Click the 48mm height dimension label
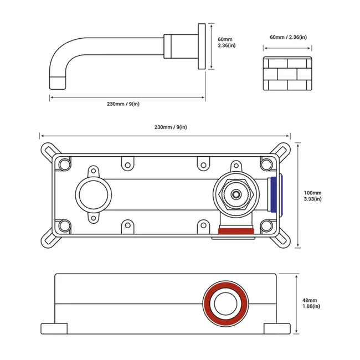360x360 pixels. (311, 303)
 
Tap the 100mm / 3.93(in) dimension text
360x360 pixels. (312, 196)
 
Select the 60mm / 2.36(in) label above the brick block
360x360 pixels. (288, 37)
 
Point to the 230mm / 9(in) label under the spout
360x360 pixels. (123, 104)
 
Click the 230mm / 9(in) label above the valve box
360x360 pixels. (171, 127)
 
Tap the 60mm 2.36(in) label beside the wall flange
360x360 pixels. (227, 43)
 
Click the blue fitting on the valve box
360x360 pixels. (276, 194)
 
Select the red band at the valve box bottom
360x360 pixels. (236, 231)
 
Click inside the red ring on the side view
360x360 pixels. (225, 304)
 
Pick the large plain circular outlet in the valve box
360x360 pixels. (94, 194)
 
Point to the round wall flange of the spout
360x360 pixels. (202, 46)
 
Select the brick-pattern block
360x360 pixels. (287, 74)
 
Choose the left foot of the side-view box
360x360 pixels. (54, 328)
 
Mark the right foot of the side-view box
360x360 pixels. (277, 328)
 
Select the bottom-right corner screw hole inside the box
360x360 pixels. (266, 225)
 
